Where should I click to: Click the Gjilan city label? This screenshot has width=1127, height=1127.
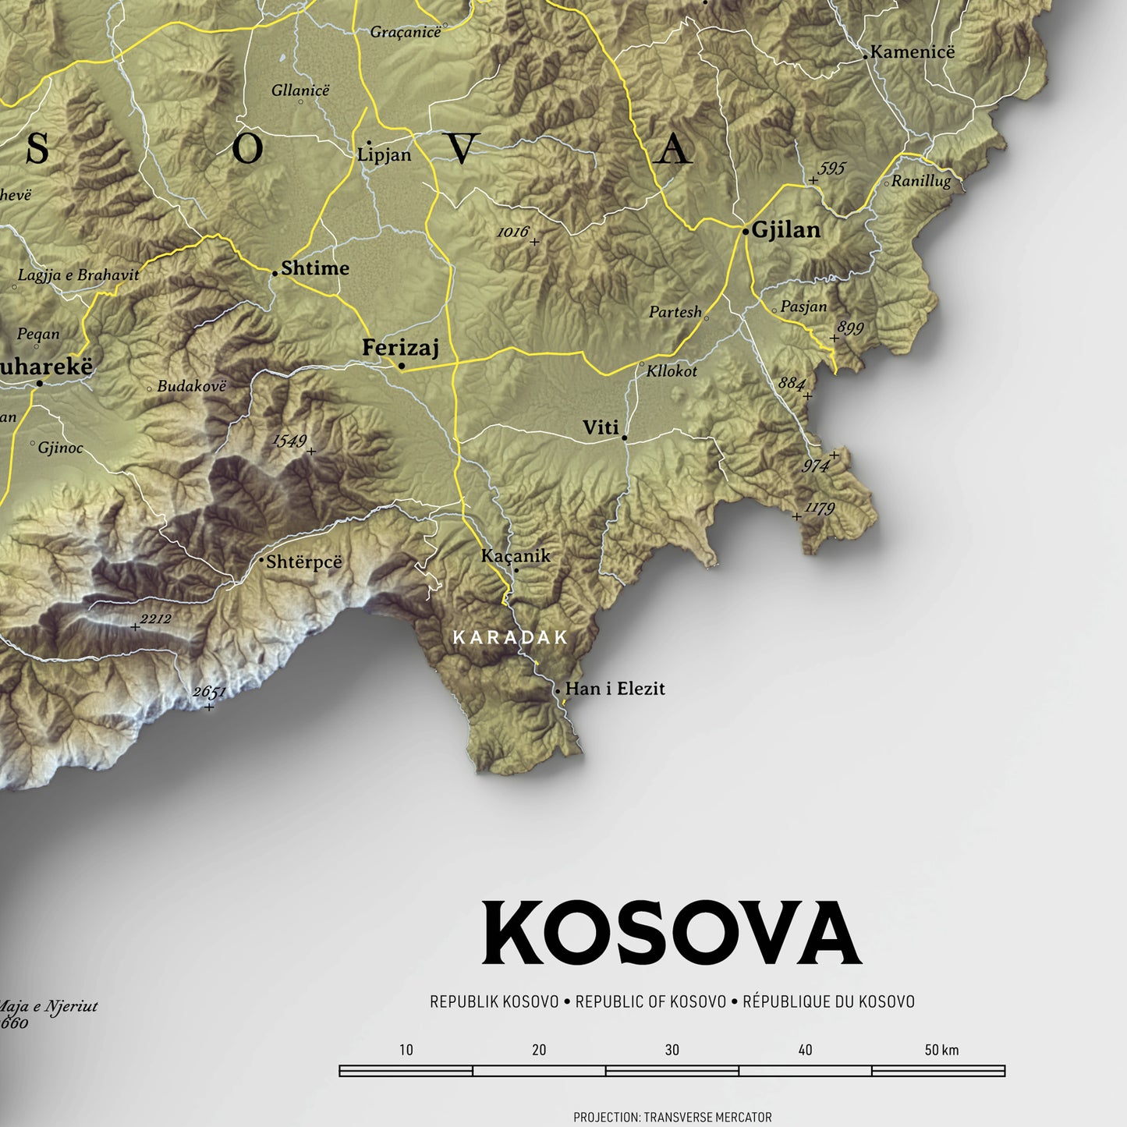point(785,230)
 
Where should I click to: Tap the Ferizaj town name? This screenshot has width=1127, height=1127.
point(401,347)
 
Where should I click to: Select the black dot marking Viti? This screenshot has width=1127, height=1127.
point(625,438)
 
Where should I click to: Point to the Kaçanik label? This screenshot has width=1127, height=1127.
point(516,556)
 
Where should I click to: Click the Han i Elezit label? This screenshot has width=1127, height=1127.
point(615,689)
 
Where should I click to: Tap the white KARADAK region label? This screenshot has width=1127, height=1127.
point(511,637)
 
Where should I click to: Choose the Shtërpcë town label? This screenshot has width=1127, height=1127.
point(304,562)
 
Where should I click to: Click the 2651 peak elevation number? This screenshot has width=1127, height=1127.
point(209,692)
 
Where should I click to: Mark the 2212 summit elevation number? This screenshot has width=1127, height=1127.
point(155,619)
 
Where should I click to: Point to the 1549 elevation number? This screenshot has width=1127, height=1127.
point(289,441)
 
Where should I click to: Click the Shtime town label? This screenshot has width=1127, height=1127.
point(315,268)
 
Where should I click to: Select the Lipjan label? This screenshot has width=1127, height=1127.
point(384,154)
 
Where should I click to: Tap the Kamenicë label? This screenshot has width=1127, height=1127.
point(913,52)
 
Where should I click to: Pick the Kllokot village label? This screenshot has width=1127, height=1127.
point(672,371)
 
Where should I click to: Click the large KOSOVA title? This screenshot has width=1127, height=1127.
point(672,934)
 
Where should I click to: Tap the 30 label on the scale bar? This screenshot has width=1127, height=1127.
point(672,1050)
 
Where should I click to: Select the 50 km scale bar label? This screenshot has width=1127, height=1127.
point(941,1050)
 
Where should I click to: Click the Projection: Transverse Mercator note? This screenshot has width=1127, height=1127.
point(672,1118)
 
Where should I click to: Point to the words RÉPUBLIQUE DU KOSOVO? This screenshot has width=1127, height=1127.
point(828,1001)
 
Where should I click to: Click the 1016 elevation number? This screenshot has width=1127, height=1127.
point(512,232)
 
